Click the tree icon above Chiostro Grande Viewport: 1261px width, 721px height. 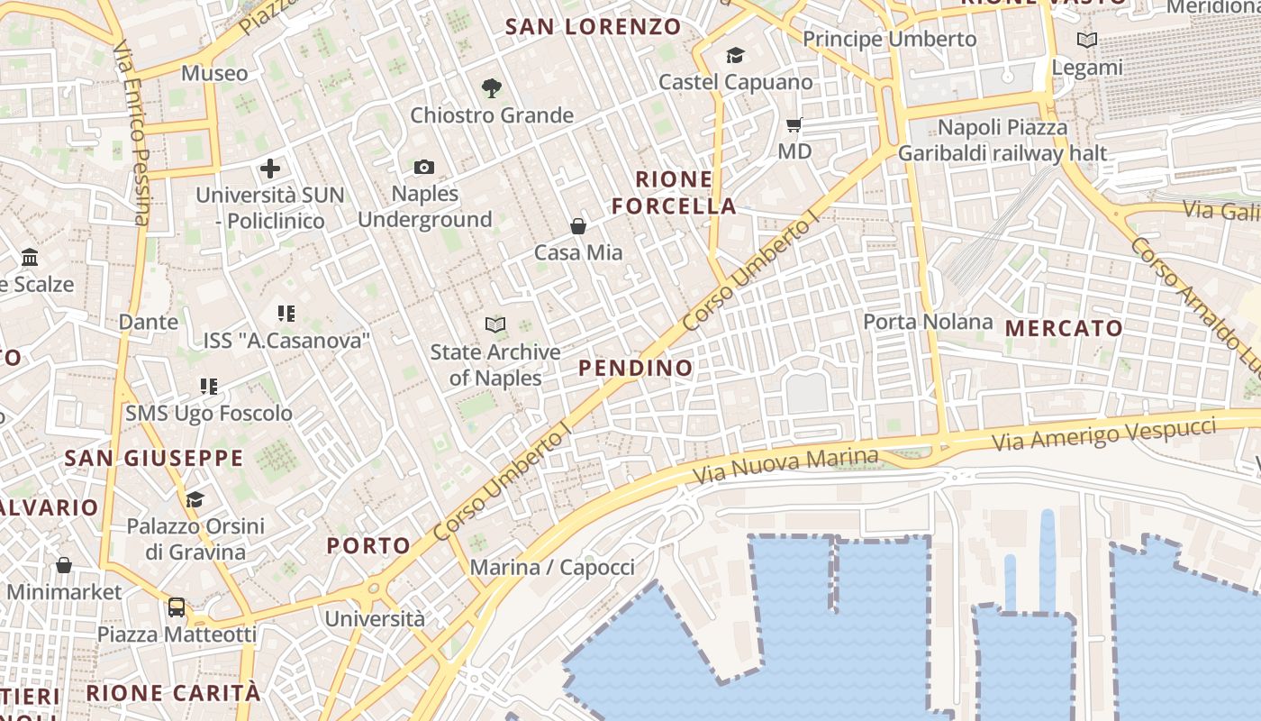pos(491,88)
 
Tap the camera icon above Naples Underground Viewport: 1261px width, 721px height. pos(424,167)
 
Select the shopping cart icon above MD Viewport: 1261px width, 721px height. pos(794,125)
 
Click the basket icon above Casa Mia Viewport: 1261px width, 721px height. pos(578,226)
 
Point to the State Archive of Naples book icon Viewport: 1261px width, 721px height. pos(495,324)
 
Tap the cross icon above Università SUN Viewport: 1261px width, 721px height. pos(269,169)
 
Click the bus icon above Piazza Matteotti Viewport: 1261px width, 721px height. pos(177,607)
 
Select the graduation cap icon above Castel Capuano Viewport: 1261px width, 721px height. pos(736,56)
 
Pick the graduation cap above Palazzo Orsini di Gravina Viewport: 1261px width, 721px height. pos(195,499)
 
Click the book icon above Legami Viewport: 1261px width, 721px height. pos(1087,41)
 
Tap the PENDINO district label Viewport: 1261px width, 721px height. pos(636,368)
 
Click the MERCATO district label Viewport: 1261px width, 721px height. pos(1064,329)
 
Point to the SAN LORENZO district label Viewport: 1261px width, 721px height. pos(593,27)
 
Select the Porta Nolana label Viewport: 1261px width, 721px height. pos(928,322)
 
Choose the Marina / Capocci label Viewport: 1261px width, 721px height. pos(552,568)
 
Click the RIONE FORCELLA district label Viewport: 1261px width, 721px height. pos(674,192)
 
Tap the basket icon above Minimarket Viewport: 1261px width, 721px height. pos(64,566)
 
